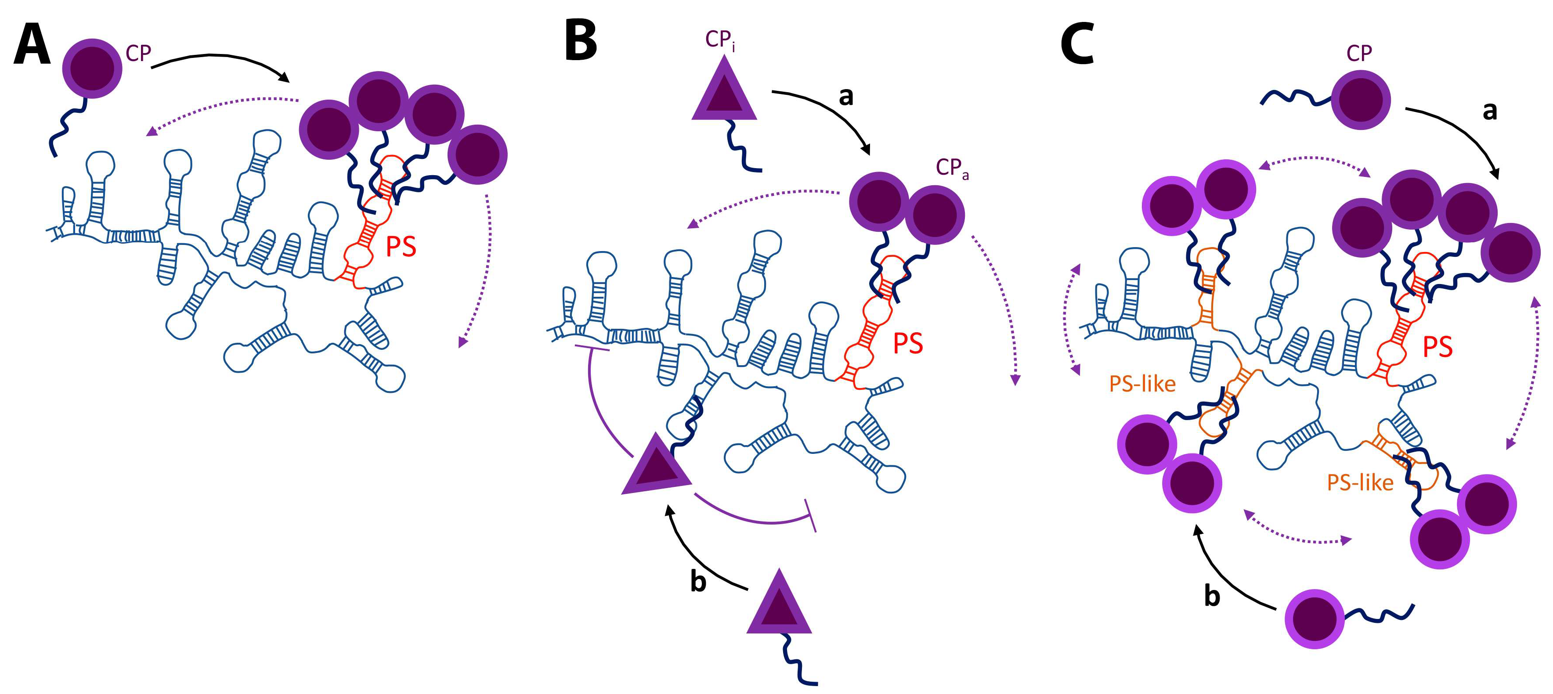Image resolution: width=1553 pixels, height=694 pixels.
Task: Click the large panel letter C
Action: coord(1077,46)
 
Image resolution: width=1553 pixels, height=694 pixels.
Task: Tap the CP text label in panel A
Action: coord(138,54)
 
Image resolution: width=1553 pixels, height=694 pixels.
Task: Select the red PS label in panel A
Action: coord(401,246)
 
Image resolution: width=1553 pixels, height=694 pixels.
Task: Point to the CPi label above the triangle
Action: coord(720,40)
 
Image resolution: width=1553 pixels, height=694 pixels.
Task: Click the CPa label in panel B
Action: coord(952,168)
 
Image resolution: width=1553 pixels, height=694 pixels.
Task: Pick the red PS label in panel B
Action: coord(908,343)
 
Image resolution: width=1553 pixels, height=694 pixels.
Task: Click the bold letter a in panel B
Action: coord(846,96)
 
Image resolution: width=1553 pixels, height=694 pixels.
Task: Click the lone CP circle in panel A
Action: coord(92,68)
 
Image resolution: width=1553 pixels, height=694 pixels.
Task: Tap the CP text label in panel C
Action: coord(1359,54)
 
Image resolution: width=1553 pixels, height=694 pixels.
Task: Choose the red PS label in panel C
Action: coord(1437,347)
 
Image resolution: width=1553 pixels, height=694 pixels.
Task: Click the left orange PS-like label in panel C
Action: coord(1142,384)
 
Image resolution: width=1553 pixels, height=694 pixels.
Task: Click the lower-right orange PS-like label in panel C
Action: coord(1360,482)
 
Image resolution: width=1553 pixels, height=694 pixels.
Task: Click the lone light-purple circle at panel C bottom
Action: coord(1315,618)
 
